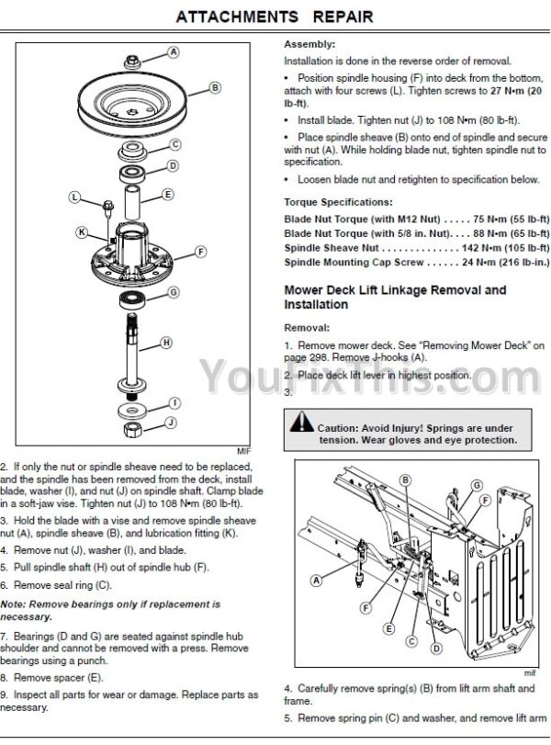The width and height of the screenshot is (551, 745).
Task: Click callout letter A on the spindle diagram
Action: tap(174, 51)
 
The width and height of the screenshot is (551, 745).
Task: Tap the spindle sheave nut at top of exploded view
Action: tap(131, 62)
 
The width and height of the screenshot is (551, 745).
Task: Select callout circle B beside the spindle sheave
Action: tap(215, 87)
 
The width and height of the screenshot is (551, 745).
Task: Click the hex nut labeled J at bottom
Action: tap(131, 430)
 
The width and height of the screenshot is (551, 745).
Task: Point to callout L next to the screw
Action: tap(74, 197)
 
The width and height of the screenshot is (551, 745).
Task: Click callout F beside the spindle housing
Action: tap(201, 252)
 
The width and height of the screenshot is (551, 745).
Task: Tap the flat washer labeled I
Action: tap(131, 411)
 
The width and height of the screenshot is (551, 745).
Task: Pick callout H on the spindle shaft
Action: tap(166, 343)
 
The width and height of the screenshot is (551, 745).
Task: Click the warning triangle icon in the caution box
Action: tap(301, 422)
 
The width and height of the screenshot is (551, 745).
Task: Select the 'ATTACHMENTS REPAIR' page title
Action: tap(275, 17)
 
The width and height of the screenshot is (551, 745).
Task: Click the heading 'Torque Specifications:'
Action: tap(338, 202)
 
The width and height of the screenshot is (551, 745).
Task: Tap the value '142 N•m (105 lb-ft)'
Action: tap(505, 247)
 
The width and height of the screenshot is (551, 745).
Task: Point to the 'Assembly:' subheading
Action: tap(309, 45)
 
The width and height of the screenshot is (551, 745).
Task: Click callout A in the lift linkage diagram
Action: tap(316, 581)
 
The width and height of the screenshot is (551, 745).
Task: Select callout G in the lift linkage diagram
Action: tap(477, 485)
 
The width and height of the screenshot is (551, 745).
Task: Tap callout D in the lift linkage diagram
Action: tap(436, 648)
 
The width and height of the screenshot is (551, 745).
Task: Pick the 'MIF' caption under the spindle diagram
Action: tap(243, 451)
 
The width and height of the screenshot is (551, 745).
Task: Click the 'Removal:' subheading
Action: tap(307, 328)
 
